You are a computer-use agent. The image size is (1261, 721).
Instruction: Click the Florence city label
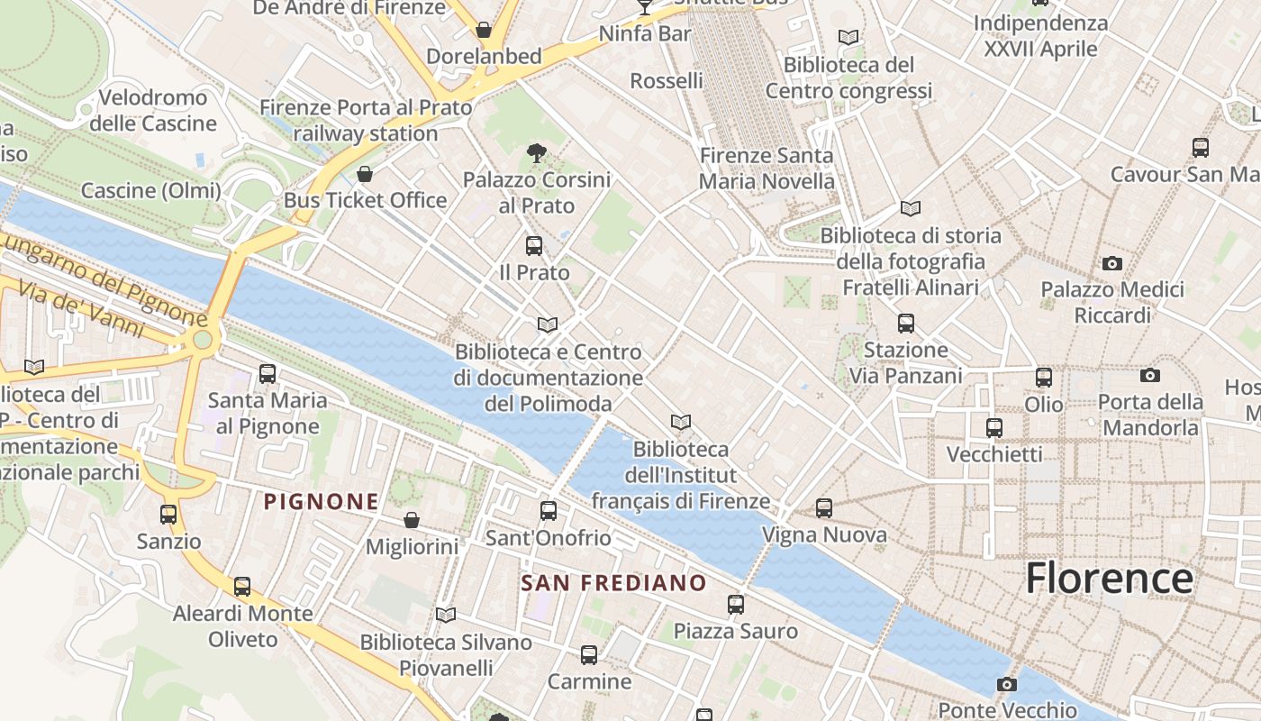(1109, 578)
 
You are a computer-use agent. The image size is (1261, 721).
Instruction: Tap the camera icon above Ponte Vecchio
(1007, 684)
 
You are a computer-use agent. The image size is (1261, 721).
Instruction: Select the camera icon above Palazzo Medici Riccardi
(1112, 263)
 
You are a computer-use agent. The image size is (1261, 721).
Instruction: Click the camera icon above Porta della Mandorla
(1150, 375)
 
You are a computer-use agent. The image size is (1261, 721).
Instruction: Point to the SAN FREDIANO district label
(613, 583)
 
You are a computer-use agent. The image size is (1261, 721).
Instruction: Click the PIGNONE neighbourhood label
(321, 502)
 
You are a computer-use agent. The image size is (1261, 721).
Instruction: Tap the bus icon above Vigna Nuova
(824, 508)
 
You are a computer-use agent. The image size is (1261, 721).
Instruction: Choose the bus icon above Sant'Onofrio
(548, 511)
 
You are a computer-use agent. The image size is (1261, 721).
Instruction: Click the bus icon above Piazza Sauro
(736, 605)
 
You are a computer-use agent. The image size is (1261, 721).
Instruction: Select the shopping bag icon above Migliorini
(412, 520)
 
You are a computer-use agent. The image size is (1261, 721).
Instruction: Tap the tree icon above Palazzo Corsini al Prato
(537, 153)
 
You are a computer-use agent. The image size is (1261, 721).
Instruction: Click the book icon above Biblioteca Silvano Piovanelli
(446, 615)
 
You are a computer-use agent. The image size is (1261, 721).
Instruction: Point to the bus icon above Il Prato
(534, 245)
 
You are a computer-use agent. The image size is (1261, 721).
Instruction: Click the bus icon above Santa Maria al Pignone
(268, 373)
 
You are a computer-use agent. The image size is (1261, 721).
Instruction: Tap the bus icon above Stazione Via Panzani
(906, 323)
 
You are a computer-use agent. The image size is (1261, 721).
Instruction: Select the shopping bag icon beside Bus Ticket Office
(365, 173)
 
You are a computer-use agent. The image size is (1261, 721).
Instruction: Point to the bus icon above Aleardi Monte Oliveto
(242, 587)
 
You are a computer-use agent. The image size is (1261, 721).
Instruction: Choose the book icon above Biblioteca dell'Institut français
(681, 422)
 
